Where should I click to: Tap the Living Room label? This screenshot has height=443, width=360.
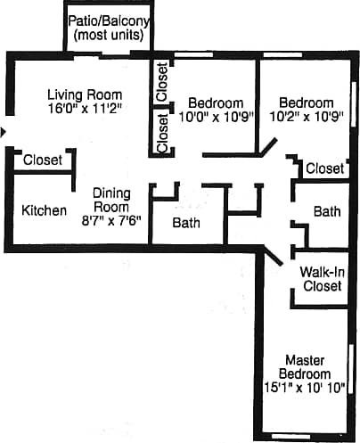click(x=85, y=94)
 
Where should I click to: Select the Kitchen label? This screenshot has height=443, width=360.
click(x=44, y=210)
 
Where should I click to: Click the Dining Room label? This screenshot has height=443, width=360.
click(x=112, y=201)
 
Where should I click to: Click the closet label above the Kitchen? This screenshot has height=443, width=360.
click(x=43, y=160)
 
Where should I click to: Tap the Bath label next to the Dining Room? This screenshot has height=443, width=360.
click(x=186, y=222)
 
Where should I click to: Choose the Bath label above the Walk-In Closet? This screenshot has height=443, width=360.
click(x=327, y=212)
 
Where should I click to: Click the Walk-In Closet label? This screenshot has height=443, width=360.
click(x=322, y=279)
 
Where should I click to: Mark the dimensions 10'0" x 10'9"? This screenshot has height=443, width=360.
click(x=216, y=116)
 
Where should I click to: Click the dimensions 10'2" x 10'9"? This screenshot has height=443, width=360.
click(x=305, y=116)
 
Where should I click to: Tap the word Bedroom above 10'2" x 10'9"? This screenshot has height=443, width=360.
click(x=306, y=102)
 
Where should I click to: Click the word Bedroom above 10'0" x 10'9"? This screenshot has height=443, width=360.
click(x=217, y=102)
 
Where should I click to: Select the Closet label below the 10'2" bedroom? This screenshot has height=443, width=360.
click(x=324, y=168)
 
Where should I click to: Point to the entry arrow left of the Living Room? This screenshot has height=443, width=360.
click(x=4, y=132)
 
